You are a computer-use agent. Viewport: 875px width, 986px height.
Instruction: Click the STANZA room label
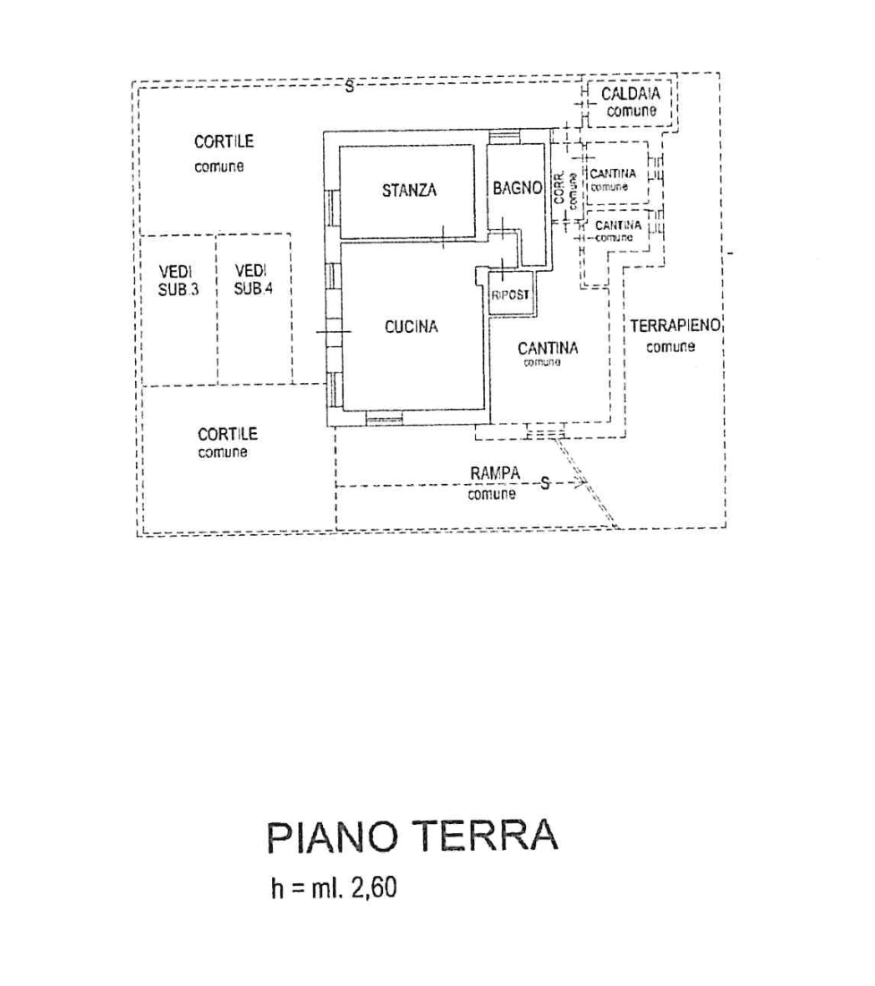(x=409, y=190)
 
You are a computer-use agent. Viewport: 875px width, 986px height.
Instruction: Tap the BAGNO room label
(x=517, y=188)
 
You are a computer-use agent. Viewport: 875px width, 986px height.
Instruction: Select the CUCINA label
(x=412, y=327)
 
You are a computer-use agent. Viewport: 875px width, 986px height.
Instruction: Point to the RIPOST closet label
(x=511, y=294)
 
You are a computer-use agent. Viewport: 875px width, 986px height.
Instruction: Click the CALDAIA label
(x=631, y=94)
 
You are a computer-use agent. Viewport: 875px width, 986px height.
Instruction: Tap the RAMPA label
(x=495, y=472)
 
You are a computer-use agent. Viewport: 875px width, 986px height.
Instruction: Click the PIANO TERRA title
(x=412, y=837)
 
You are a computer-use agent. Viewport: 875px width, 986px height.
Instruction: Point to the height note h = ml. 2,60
(x=333, y=889)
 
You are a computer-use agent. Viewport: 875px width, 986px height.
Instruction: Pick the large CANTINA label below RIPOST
(x=548, y=349)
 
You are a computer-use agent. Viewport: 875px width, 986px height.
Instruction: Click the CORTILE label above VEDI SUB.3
(x=223, y=141)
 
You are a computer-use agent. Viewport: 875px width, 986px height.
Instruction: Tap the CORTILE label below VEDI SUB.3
(x=227, y=434)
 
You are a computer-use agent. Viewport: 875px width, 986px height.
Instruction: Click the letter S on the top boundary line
(x=350, y=86)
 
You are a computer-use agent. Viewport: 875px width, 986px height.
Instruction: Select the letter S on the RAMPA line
(x=544, y=484)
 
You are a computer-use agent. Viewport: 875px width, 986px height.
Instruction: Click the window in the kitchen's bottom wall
(x=385, y=417)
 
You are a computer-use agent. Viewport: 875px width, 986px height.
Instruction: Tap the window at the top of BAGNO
(x=504, y=137)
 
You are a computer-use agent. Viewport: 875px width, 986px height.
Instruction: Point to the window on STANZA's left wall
(x=332, y=208)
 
